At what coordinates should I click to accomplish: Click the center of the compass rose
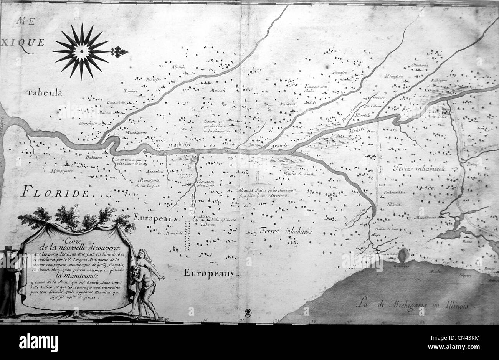[81, 51]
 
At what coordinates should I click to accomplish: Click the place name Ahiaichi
[178, 67]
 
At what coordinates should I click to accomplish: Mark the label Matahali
[172, 233]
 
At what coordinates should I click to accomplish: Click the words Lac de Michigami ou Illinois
[412, 304]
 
